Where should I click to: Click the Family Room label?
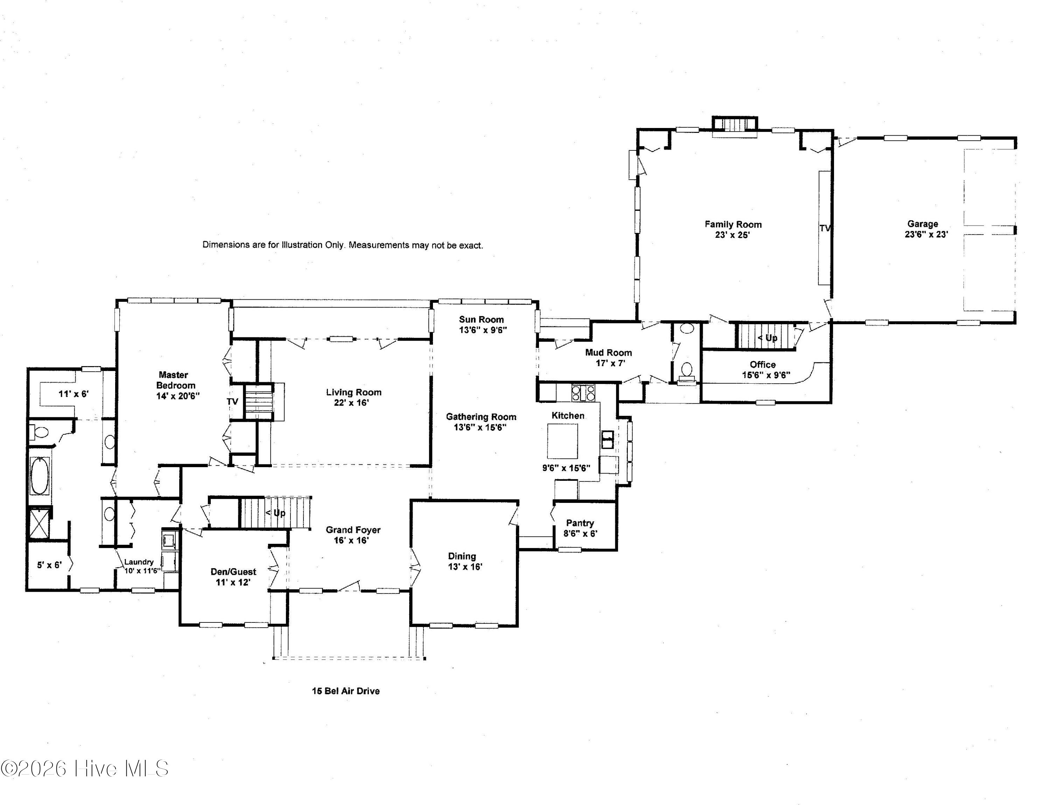tap(733, 224)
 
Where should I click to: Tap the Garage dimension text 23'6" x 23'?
tap(926, 234)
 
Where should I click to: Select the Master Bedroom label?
tap(175, 380)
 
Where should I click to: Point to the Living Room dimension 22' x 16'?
tap(351, 402)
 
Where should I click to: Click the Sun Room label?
tap(481, 320)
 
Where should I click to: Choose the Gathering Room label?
tap(481, 417)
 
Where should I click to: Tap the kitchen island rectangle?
tap(562, 441)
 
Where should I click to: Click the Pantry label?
tap(580, 523)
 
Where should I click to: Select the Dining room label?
tap(462, 556)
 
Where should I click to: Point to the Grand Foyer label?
tap(353, 529)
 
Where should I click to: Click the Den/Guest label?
tap(233, 572)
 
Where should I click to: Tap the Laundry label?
tap(139, 562)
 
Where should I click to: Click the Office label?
tap(763, 365)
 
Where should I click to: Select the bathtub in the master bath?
tap(40, 475)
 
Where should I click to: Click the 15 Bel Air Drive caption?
tap(346, 691)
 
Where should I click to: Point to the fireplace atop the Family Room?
tap(735, 124)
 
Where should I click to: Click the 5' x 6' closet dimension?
tap(49, 565)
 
